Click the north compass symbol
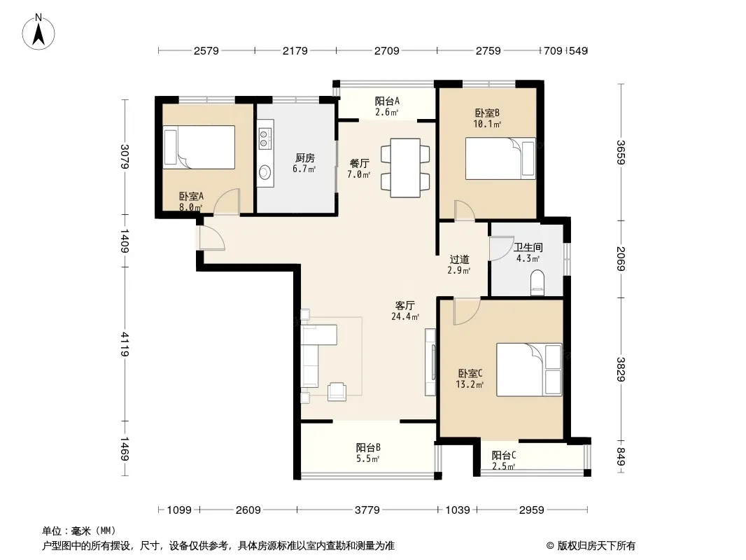(38, 31)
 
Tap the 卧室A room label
(191, 196)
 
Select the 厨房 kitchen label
(304, 158)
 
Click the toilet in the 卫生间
(537, 283)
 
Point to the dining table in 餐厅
(405, 167)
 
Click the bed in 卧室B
(500, 158)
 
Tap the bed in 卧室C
(529, 370)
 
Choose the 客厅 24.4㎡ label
(405, 311)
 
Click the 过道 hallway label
(460, 259)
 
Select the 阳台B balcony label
(368, 448)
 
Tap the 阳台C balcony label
(504, 455)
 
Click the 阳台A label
(387, 101)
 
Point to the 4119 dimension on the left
(125, 344)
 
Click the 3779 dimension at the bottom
(367, 510)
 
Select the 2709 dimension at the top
(387, 50)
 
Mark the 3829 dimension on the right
(621, 369)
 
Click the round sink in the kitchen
(265, 171)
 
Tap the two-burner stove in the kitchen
(265, 138)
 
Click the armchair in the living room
(337, 391)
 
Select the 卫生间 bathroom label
(528, 247)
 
